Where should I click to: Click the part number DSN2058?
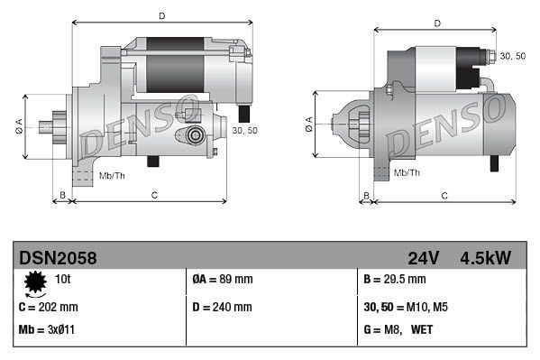click(58, 259)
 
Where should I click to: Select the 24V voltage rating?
click(423, 259)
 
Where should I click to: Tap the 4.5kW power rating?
click(486, 259)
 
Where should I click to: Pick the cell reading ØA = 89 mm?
click(224, 281)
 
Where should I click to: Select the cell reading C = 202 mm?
click(49, 307)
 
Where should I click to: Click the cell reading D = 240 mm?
click(223, 307)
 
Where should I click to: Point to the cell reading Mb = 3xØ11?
click(47, 329)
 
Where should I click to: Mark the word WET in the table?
click(422, 329)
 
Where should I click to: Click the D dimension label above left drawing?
click(161, 15)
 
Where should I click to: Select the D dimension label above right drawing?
click(436, 23)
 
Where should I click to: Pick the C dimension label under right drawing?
click(444, 195)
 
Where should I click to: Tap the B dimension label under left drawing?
click(62, 195)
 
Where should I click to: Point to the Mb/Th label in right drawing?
click(407, 172)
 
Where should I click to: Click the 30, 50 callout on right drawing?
click(512, 56)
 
